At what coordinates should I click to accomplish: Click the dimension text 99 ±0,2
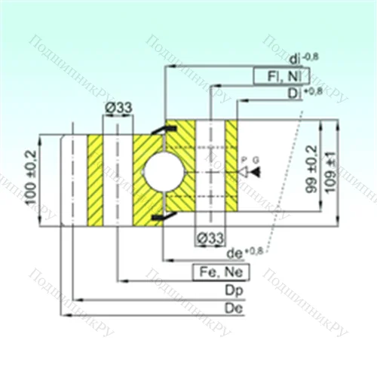tap(311, 172)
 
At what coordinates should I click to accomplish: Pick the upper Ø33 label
tap(118, 108)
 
